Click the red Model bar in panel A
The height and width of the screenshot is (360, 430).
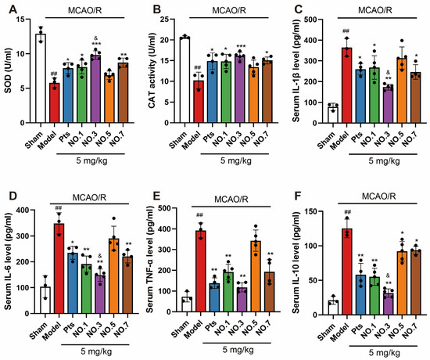[x=54, y=103]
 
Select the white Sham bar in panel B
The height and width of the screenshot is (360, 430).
[x=185, y=80]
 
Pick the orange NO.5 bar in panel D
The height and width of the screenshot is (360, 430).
[x=114, y=276]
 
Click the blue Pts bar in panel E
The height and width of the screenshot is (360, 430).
[x=215, y=297]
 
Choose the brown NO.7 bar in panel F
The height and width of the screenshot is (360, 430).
[x=416, y=283]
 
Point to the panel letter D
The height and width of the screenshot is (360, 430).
[x=13, y=196]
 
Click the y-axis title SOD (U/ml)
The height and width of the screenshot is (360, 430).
[x=9, y=71]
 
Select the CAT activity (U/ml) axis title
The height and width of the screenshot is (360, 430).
[x=152, y=71]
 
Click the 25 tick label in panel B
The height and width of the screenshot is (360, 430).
[x=165, y=20]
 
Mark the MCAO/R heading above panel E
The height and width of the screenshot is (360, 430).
[x=231, y=199]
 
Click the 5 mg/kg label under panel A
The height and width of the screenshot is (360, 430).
[x=91, y=160]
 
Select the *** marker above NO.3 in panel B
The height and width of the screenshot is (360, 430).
[x=240, y=46]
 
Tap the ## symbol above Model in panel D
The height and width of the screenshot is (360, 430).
[x=59, y=208]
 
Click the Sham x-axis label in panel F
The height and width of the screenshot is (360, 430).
[x=326, y=333]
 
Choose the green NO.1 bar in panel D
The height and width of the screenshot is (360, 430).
[x=86, y=289]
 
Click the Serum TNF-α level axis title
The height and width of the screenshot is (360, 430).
[x=150, y=261]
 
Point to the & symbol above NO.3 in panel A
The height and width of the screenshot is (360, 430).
[x=95, y=38]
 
